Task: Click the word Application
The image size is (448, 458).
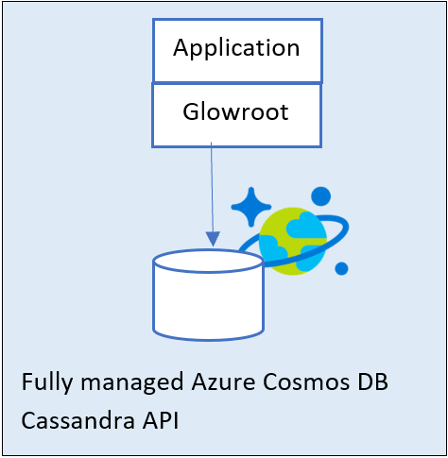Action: pyautogui.click(x=236, y=48)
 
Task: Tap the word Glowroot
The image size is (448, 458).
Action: pyautogui.click(x=235, y=111)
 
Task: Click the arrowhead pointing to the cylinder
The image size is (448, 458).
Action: pyautogui.click(x=213, y=239)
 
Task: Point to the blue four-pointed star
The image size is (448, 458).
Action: pyautogui.click(x=251, y=207)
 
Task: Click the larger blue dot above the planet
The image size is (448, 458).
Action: pyautogui.click(x=320, y=196)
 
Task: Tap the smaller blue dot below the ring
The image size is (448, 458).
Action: pyautogui.click(x=341, y=268)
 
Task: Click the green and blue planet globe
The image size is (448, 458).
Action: pyautogui.click(x=293, y=241)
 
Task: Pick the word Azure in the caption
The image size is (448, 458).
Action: pyautogui.click(x=223, y=382)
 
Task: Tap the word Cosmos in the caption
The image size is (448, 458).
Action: pyautogui.click(x=306, y=382)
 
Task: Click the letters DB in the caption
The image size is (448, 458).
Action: pyautogui.click(x=372, y=382)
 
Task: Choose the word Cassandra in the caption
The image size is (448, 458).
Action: pyautogui.click(x=78, y=420)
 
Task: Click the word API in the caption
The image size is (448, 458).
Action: pyautogui.click(x=161, y=420)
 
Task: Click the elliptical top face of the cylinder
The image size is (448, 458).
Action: pyautogui.click(x=208, y=262)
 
